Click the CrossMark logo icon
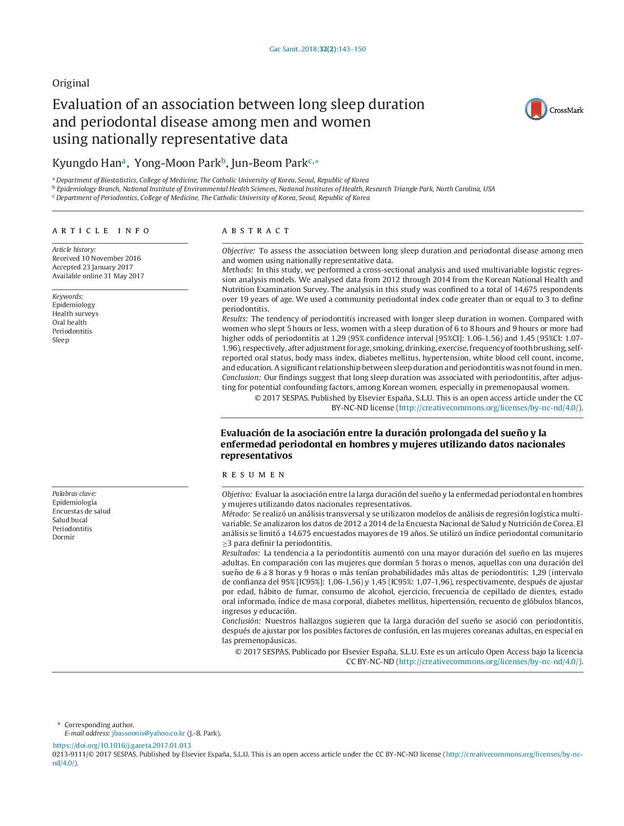(x=536, y=109)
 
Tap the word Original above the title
(x=71, y=83)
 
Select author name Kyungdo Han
(x=88, y=163)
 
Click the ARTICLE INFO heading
(x=101, y=231)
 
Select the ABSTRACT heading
(x=256, y=231)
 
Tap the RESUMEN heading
(x=254, y=475)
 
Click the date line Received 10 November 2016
(x=96, y=258)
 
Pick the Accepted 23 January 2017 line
(x=92, y=267)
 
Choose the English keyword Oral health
(x=69, y=322)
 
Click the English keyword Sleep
(x=61, y=340)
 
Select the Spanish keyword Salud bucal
(x=70, y=520)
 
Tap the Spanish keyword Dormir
(x=64, y=537)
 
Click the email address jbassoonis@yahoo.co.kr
(x=148, y=733)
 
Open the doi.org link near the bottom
(x=122, y=745)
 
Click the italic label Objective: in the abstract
(x=238, y=251)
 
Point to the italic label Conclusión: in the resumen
(x=242, y=621)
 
